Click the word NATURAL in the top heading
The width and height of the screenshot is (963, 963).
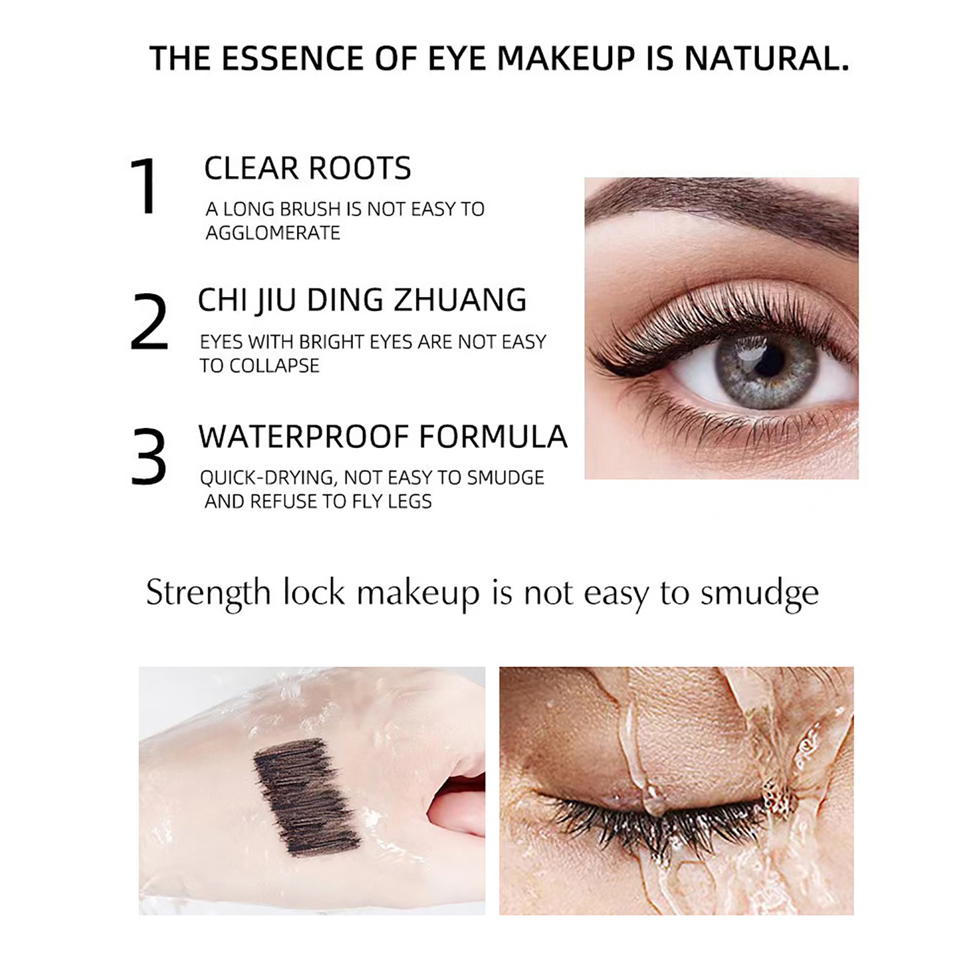(767, 58)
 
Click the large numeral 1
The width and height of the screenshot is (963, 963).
(144, 185)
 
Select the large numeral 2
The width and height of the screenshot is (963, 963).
(149, 322)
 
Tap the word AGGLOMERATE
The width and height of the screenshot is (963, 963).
(273, 233)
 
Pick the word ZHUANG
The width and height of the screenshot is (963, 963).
(460, 300)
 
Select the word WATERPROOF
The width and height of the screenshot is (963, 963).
(303, 436)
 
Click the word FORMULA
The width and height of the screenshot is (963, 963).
(493, 436)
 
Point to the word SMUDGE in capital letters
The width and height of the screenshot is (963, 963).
(505, 478)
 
